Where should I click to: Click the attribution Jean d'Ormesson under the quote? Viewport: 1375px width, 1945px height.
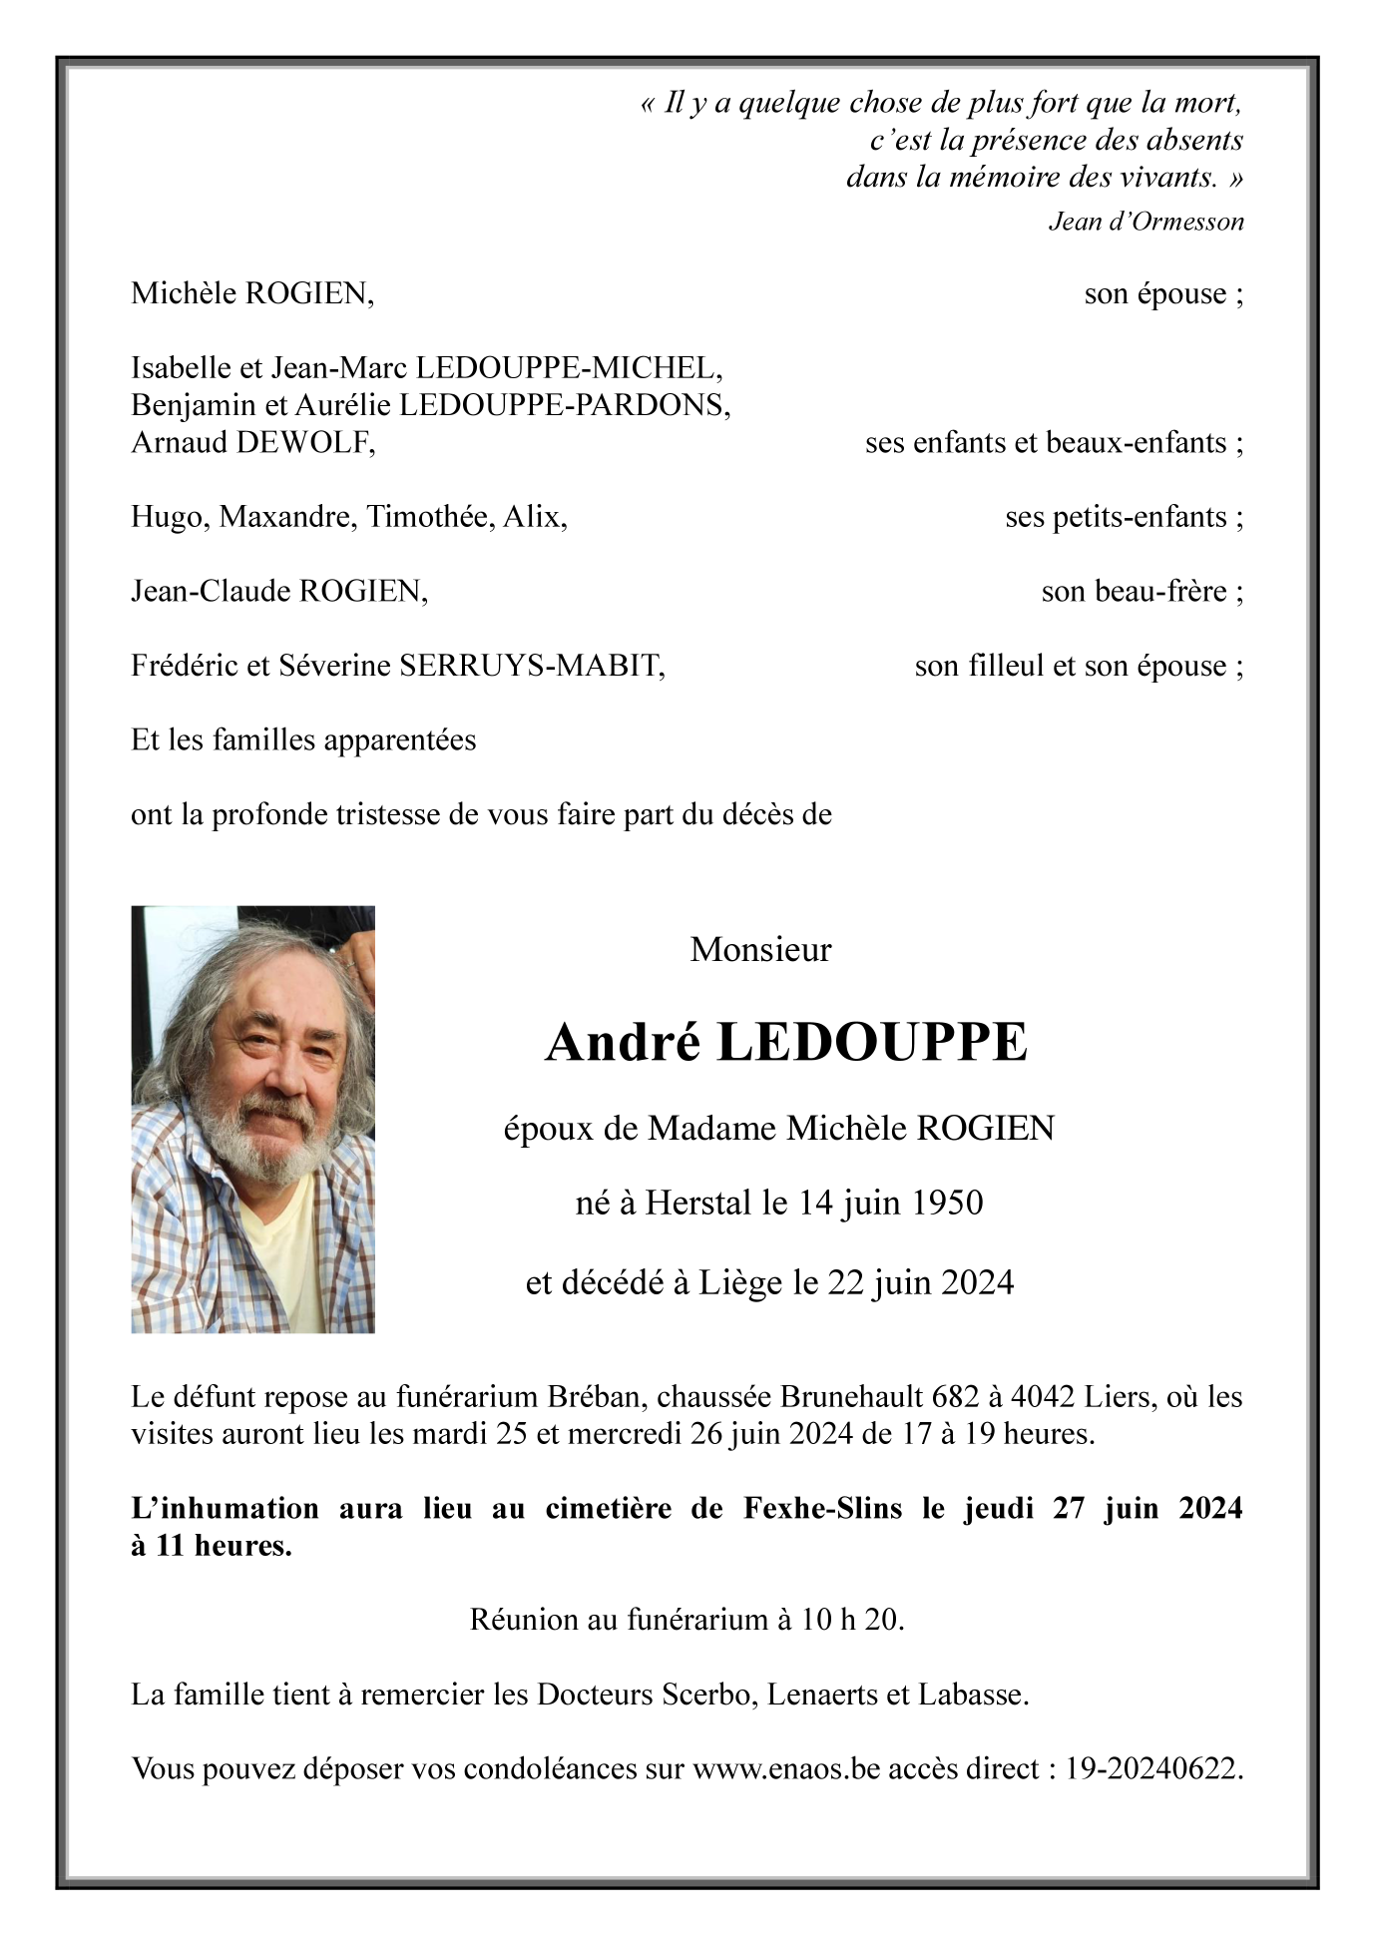1146,222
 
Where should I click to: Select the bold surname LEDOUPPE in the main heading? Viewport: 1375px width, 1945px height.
871,1043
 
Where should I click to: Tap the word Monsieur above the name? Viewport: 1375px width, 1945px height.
760,949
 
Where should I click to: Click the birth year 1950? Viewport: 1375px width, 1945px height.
945,1203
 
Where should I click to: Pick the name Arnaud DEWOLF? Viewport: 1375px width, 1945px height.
252,442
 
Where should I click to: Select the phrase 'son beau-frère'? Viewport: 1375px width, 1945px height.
1134,592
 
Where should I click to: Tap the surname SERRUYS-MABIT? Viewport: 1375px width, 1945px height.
531,666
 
